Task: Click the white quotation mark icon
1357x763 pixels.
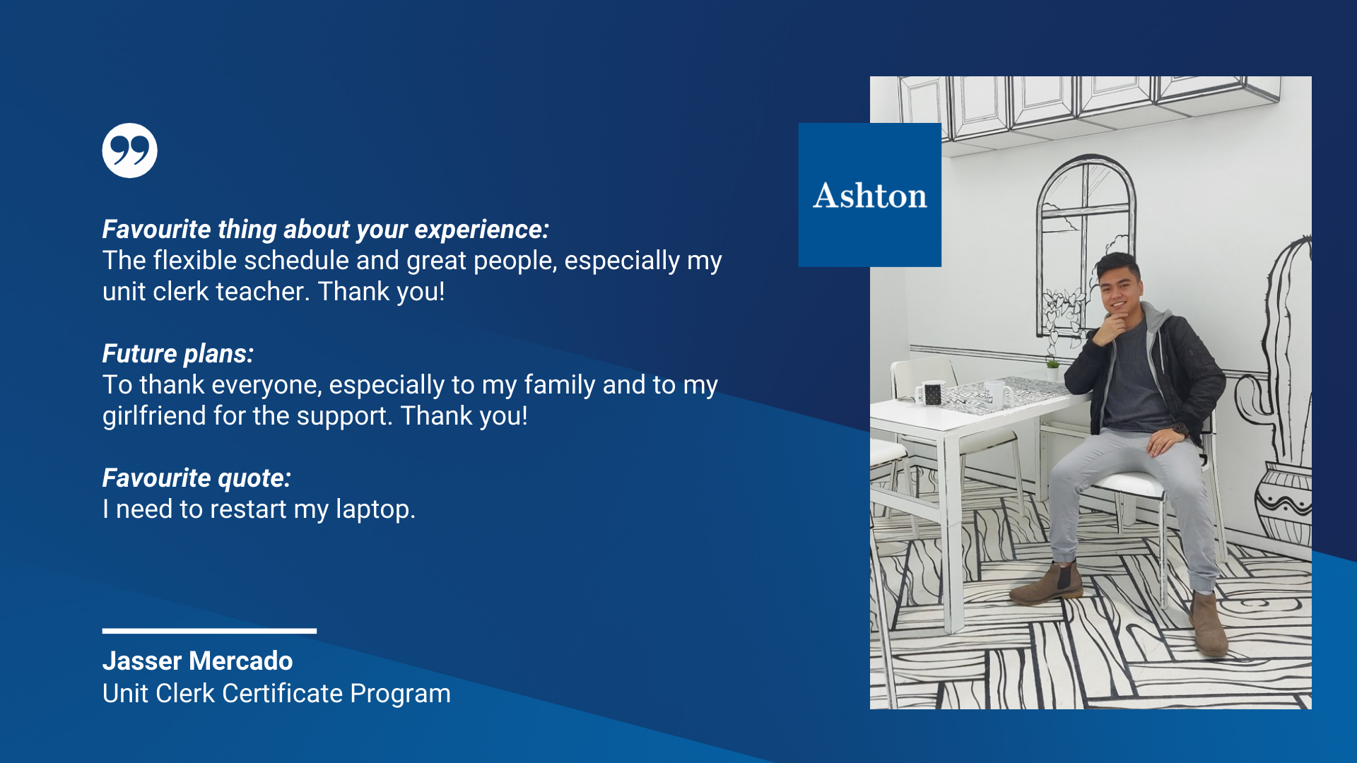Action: pos(129,150)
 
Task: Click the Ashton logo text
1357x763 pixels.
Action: pos(870,196)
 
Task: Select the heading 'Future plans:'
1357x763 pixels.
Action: pos(178,353)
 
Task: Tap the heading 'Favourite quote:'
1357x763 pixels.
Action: pos(196,478)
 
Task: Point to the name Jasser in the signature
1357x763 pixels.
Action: pos(142,661)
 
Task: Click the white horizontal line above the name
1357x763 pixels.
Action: pos(209,631)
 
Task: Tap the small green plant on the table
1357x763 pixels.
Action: pos(1052,365)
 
